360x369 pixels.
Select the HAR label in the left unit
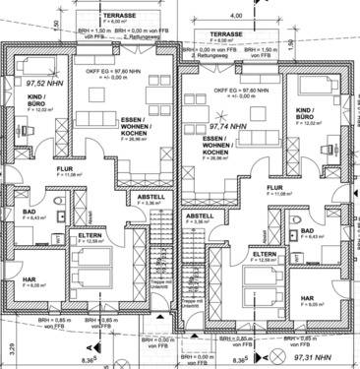(30, 278)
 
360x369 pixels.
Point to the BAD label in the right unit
(308, 230)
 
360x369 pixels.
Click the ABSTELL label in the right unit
(200, 215)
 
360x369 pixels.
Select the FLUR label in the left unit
(65, 168)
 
